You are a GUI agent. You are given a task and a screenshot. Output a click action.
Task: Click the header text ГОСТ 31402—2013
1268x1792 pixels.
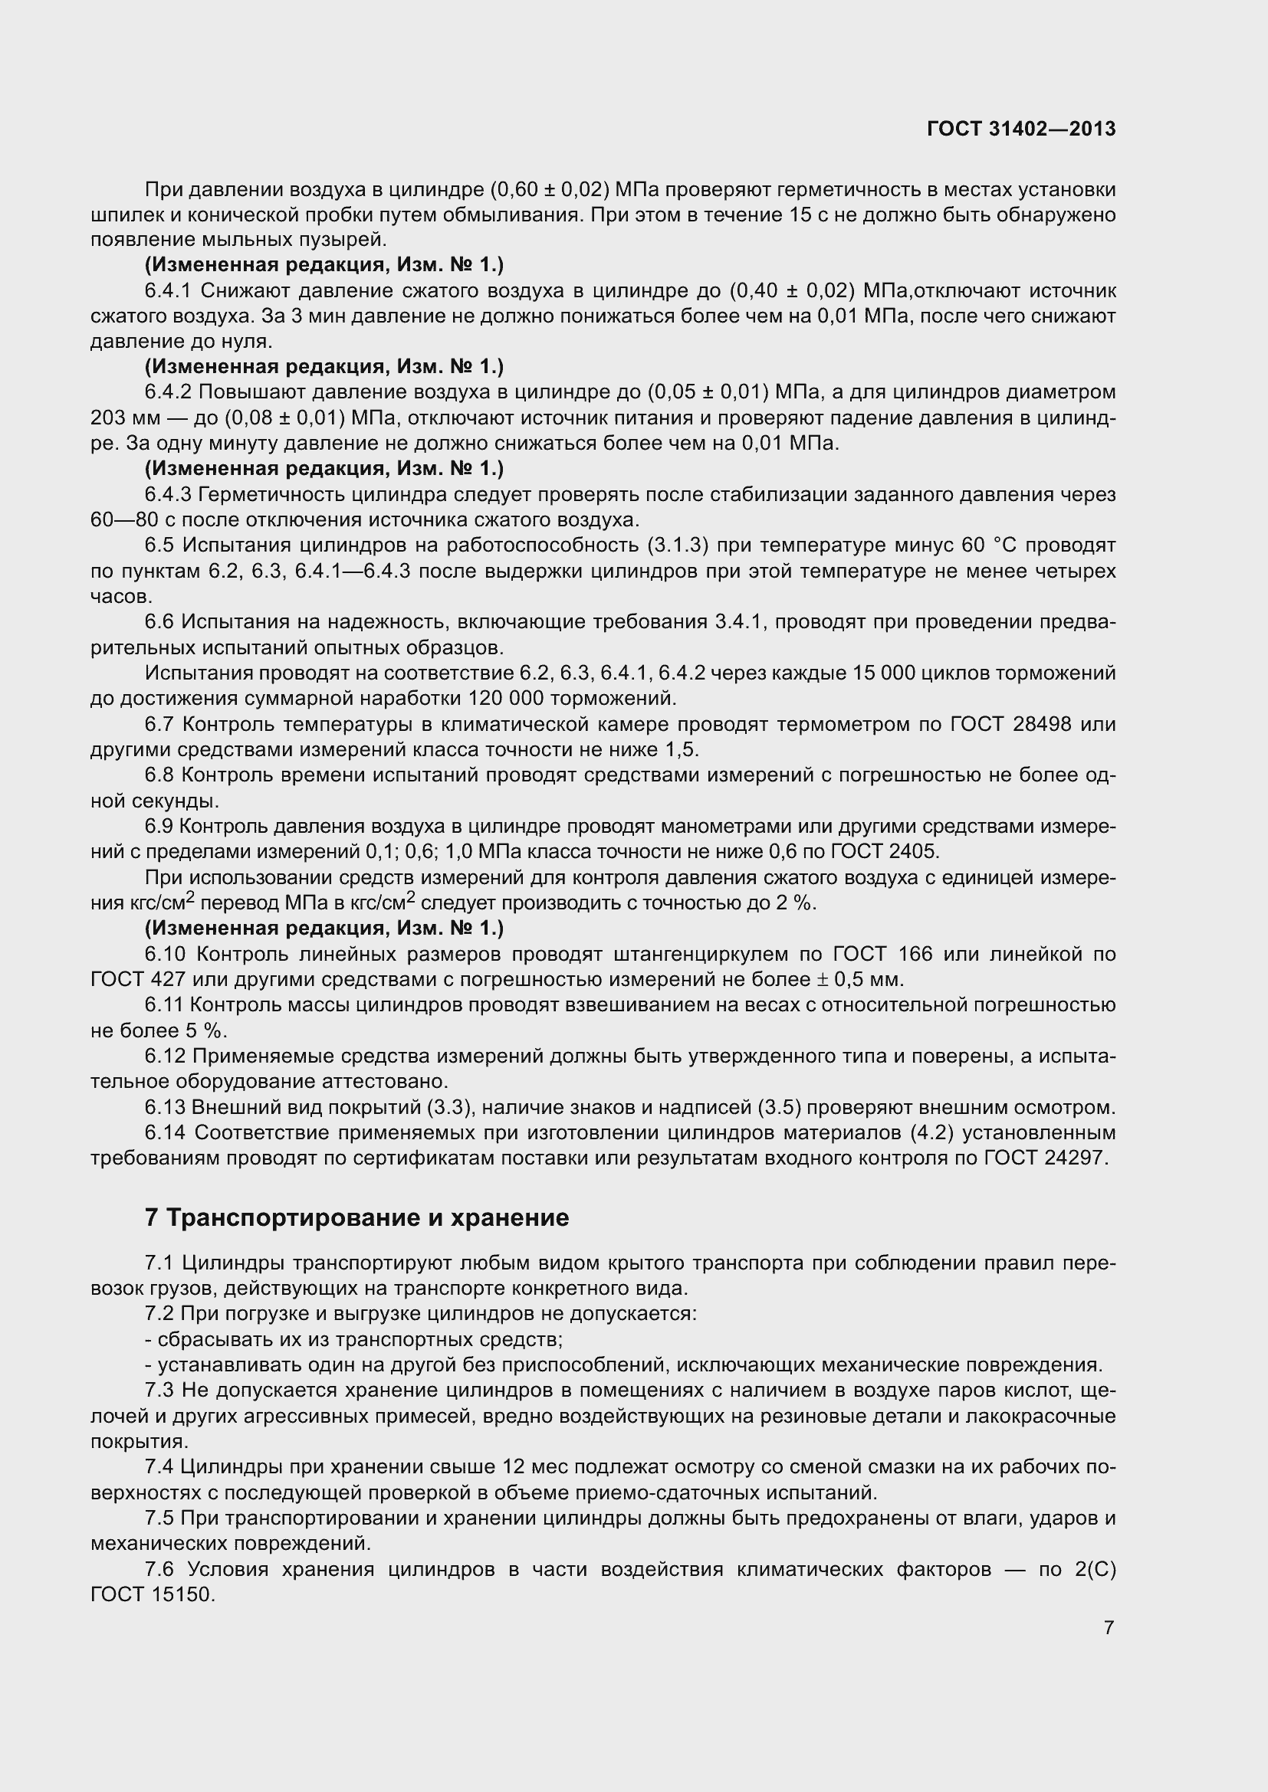tap(1021, 129)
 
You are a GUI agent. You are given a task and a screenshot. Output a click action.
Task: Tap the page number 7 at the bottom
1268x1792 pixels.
tap(1109, 1627)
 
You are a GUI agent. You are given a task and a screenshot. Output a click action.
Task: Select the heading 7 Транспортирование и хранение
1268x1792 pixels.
tap(356, 1217)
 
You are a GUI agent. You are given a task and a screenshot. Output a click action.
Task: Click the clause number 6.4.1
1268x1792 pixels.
tap(168, 291)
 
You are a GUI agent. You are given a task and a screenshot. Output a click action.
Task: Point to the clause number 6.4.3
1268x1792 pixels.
tap(168, 495)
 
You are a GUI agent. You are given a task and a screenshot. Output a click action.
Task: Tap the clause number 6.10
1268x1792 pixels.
tap(165, 954)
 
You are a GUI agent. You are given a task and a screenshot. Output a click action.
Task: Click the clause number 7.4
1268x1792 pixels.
tap(159, 1467)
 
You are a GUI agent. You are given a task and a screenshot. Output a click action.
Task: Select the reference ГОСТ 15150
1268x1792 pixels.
tap(153, 1594)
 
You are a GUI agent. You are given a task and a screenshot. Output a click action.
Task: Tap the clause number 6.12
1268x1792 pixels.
tap(165, 1056)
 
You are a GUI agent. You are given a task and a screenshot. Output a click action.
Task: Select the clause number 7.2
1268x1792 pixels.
tap(159, 1314)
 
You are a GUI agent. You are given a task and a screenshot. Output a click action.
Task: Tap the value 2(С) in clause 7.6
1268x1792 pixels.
tap(1095, 1569)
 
